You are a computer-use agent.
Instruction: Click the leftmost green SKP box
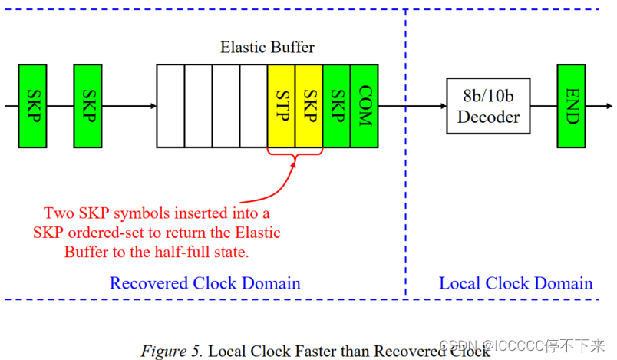(33, 106)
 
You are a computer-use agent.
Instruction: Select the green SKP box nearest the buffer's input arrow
(87, 106)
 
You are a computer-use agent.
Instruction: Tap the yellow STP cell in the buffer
(282, 106)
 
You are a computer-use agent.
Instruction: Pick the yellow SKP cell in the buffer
(309, 106)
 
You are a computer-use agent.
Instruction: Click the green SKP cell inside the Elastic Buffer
(337, 106)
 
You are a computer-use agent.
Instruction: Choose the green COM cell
(365, 106)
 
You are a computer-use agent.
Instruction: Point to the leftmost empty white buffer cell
(170, 106)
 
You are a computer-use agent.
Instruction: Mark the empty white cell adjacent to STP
(253, 106)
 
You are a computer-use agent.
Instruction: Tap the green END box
(572, 106)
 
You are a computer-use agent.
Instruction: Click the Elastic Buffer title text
(267, 48)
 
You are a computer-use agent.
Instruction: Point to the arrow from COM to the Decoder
(412, 106)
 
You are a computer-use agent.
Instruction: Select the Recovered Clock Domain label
(205, 283)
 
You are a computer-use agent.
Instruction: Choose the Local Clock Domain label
(516, 283)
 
